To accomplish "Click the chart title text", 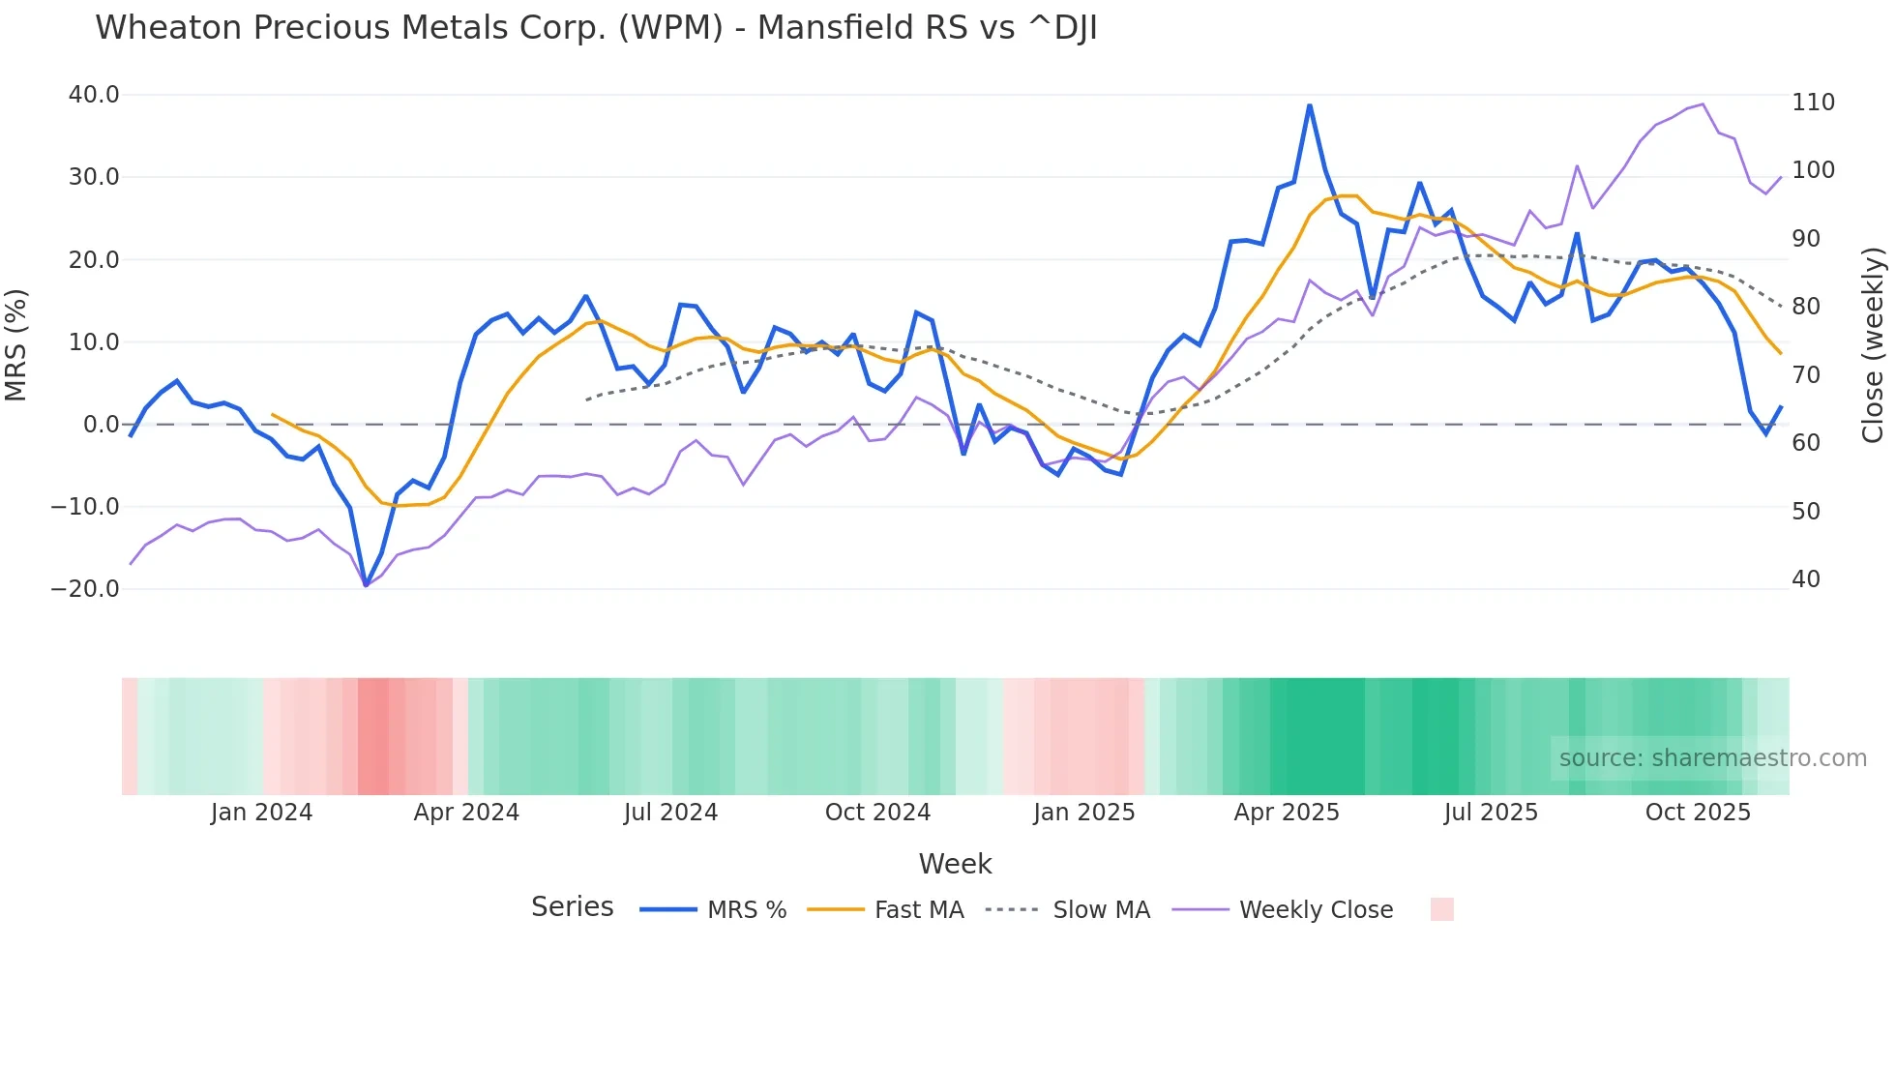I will [x=596, y=28].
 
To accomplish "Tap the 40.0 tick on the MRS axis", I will [x=94, y=95].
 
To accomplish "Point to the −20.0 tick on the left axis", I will [x=85, y=589].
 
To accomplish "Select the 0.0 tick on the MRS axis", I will [x=101, y=425].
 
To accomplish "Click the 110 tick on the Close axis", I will [x=1813, y=103].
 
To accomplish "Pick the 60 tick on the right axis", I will [x=1806, y=443].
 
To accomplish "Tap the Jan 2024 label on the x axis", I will [x=261, y=813].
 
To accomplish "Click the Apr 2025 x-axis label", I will [x=1286, y=813].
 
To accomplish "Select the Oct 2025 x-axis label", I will [x=1698, y=813].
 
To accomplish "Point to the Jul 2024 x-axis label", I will [x=670, y=813].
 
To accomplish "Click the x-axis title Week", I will [x=955, y=864].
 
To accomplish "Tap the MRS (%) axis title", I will [x=16, y=344].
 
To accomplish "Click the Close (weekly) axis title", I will [x=1873, y=344].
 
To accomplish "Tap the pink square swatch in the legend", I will [x=1441, y=909].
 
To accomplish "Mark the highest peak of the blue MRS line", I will [x=1310, y=105].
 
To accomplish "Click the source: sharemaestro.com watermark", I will [x=1712, y=758].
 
